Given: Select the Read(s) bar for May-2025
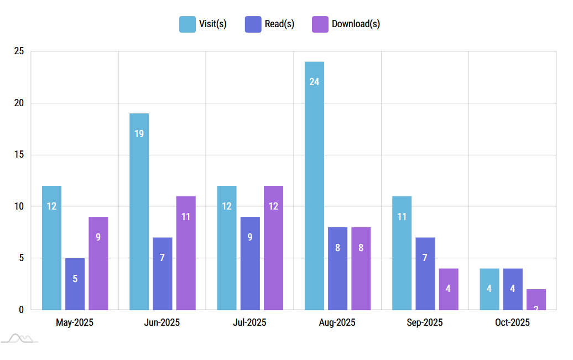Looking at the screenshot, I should point(75,284).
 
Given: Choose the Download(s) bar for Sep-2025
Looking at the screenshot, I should point(449,289).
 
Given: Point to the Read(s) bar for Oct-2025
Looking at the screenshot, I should point(513,289).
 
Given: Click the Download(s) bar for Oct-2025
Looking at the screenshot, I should point(536,299).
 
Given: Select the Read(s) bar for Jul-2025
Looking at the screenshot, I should point(250,263).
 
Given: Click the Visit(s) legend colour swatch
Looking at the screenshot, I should point(187,24).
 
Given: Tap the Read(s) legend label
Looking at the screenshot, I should point(279,24).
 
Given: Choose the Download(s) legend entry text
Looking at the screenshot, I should point(356,24).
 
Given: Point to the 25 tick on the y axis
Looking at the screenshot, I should point(19,51).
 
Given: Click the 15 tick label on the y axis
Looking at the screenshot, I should point(19,155).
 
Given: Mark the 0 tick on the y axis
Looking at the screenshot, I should point(21,310).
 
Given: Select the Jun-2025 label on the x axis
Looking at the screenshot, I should point(162,322).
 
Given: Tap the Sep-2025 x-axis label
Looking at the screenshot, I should point(425,322).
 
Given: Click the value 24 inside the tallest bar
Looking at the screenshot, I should point(314,82).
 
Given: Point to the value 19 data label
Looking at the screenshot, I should point(139,134).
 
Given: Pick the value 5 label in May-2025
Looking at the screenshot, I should point(75,279).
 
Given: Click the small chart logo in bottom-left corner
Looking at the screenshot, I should point(19,338).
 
